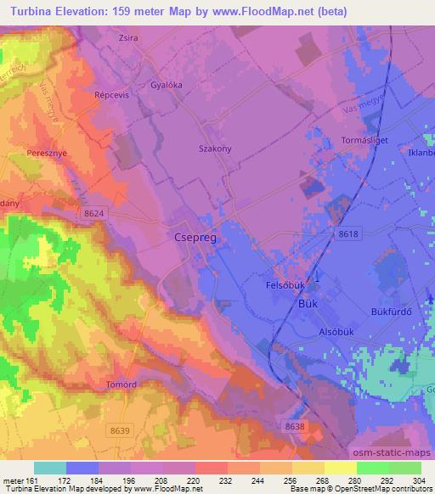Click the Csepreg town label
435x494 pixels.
point(195,239)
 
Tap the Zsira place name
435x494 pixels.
point(128,39)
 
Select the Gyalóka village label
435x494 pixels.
point(167,87)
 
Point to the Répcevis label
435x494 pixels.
point(112,97)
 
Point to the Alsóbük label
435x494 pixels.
point(338,333)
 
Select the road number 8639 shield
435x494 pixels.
point(121,431)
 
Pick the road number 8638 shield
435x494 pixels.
point(295,425)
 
